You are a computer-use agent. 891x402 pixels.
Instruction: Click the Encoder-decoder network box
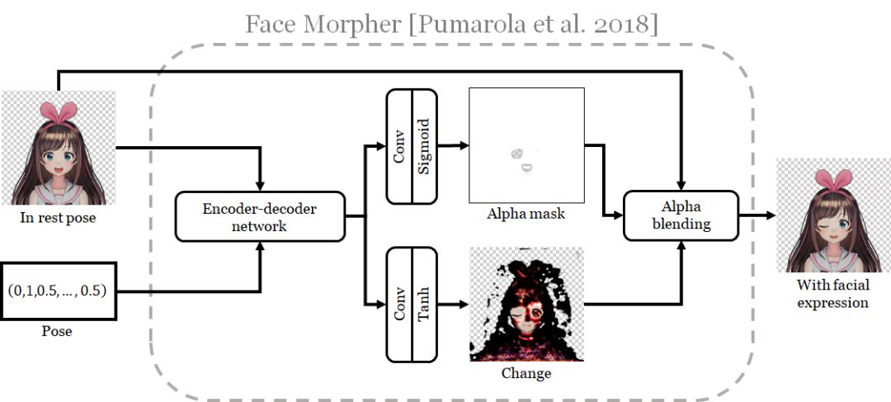260,217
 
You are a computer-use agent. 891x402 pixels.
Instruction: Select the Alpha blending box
680,216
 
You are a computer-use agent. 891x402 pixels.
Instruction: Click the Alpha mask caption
526,214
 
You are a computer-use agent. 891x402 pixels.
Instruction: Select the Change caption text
526,373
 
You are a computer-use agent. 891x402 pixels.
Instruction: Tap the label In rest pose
57,218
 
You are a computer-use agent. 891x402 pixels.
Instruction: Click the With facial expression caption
832,294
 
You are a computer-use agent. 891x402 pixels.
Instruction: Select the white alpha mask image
526,144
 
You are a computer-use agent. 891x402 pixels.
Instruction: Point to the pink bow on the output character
834,177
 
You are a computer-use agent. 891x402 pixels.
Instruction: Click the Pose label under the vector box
57,331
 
